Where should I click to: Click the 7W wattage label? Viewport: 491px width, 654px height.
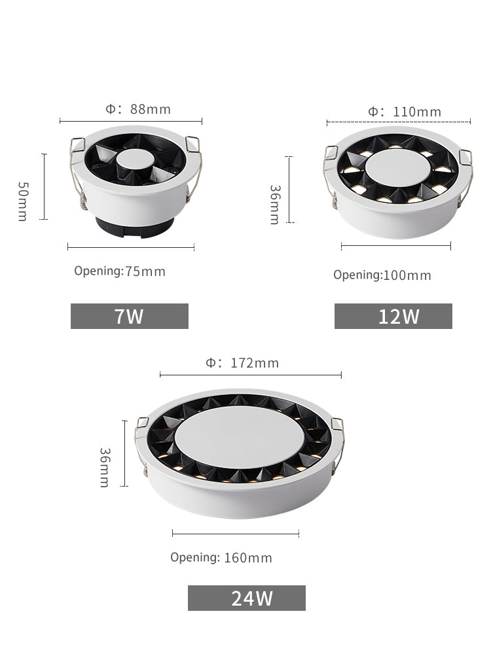tap(129, 317)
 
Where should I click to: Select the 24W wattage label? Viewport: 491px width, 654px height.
tap(252, 598)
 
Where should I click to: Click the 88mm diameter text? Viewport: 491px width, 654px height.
tap(138, 109)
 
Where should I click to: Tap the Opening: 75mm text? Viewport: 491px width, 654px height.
tap(120, 271)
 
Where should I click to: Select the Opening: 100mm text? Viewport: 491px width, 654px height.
tap(382, 275)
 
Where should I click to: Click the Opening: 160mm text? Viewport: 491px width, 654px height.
tap(221, 558)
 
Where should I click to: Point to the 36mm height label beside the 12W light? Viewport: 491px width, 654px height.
tap(275, 205)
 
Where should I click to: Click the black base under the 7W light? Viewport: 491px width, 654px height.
tap(134, 226)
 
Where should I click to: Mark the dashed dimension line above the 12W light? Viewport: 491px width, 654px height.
tap(398, 122)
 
